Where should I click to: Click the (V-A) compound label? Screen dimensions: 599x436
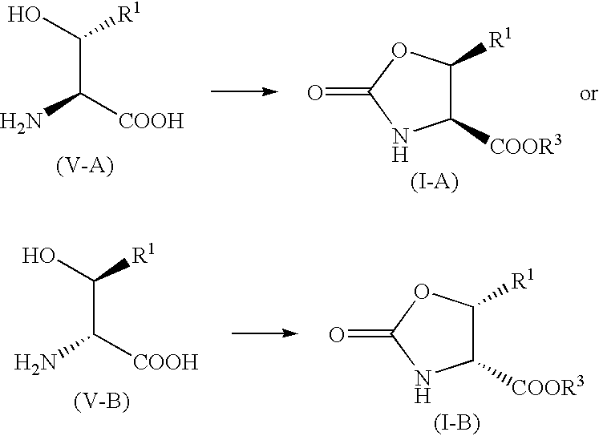pos(85,166)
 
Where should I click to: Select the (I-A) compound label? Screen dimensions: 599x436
pos(435,183)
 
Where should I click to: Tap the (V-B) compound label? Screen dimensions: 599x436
pos(102,401)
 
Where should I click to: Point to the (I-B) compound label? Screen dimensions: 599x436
pos(456,423)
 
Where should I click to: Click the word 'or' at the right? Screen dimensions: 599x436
pos(589,95)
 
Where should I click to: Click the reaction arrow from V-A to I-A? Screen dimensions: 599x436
pos(245,91)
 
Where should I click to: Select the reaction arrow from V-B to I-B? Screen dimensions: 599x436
pos(265,333)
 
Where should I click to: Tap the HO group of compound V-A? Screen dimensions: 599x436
pos(24,16)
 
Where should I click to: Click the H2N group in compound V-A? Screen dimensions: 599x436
pos(21,122)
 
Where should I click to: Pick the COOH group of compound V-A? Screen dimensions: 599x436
pos(152,121)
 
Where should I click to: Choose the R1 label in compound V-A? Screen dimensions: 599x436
pos(128,16)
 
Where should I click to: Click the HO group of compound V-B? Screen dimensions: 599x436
pos(38,256)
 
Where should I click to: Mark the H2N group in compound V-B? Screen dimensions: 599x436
pos(35,362)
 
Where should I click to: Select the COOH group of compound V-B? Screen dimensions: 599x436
pos(166,361)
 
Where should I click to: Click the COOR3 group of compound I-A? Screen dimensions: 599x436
pos(526,145)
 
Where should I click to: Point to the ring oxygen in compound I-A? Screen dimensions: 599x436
pos(399,50)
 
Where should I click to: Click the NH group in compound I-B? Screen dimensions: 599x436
pos(423,386)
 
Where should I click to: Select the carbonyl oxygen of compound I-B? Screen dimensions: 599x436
pos(337,335)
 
